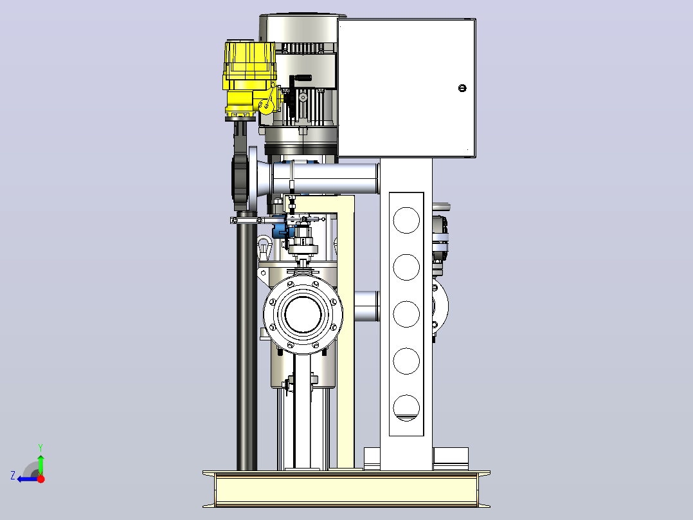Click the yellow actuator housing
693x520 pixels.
pos(250,79)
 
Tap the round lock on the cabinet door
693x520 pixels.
pos(462,88)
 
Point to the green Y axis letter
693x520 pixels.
pos(40,447)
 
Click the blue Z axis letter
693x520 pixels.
pos(13,476)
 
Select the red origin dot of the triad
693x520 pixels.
pos(40,479)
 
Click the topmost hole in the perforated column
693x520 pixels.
pos(406,220)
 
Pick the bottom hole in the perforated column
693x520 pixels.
pos(406,408)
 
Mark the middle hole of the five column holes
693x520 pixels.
pos(406,314)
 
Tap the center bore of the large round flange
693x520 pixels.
pos(303,314)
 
